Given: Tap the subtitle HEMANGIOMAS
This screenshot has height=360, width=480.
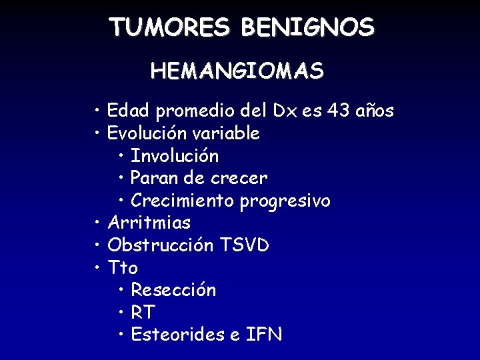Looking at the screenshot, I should pos(237,70).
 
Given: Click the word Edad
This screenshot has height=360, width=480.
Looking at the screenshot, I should pos(129,111).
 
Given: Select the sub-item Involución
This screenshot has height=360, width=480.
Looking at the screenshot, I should pos(175,156).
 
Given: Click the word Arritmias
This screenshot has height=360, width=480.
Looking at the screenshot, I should pos(149,223).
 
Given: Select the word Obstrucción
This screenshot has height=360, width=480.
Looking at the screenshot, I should pos(161,245).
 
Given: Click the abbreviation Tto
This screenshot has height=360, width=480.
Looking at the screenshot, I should pos(123,268).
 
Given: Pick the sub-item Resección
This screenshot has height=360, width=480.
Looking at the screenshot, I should pos(173,291).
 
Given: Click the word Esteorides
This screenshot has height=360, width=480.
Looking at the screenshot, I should pos(177,335).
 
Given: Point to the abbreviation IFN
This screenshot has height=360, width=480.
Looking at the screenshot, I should pos(265,335).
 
